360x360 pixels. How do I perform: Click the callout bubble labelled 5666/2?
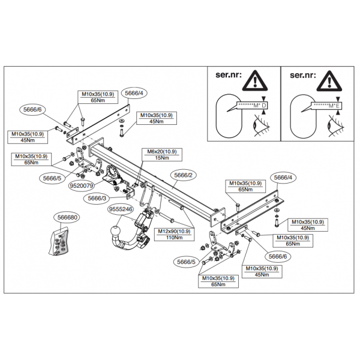[183, 175]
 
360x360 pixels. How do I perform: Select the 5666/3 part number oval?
[97, 198]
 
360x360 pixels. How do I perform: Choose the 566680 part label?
[67, 217]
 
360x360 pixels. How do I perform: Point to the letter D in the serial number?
[264, 106]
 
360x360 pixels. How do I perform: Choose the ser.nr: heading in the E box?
[302, 75]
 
